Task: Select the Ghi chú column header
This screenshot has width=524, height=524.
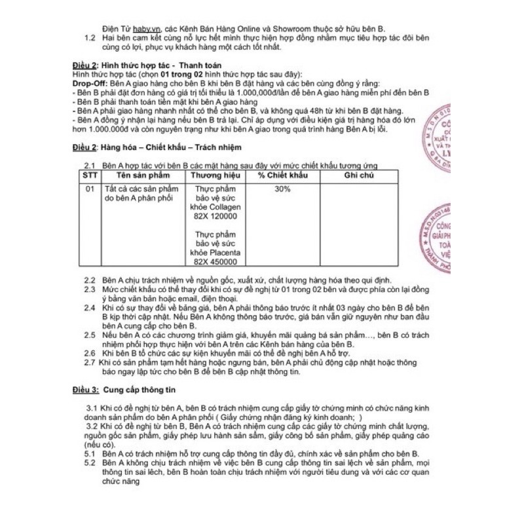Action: tap(358, 177)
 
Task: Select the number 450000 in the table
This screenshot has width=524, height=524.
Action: tap(223, 262)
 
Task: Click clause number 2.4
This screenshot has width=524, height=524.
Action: tap(90, 307)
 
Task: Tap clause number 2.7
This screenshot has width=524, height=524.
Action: tap(90, 362)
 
